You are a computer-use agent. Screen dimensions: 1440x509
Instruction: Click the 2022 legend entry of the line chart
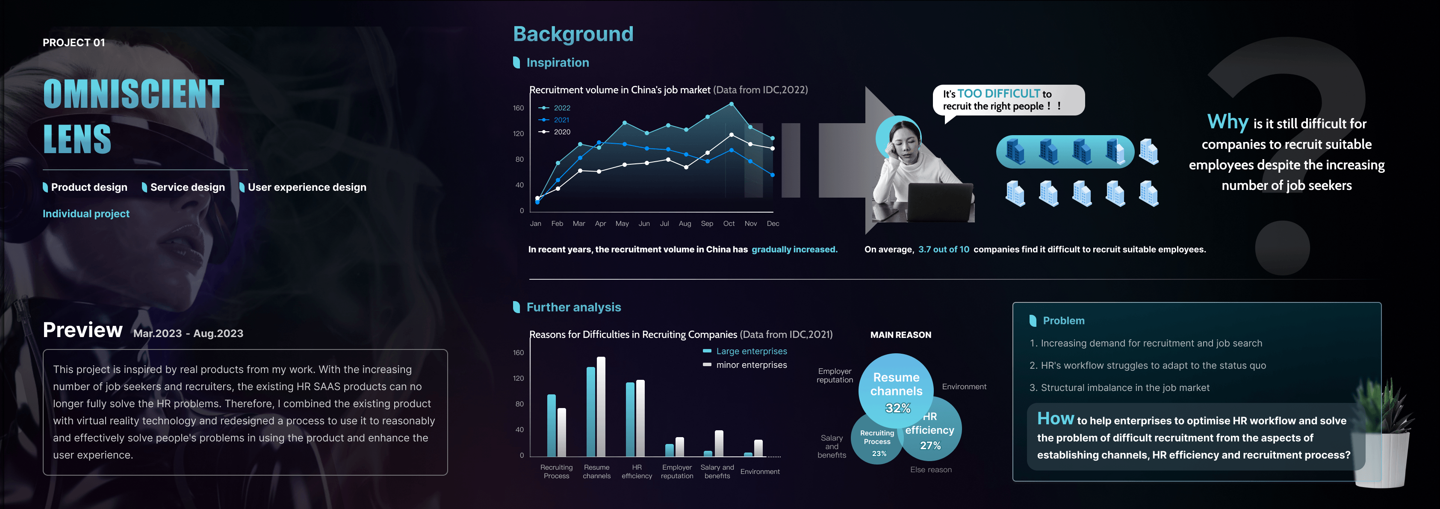554,108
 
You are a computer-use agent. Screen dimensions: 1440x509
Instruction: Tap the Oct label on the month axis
729,224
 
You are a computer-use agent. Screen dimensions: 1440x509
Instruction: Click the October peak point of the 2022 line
731,104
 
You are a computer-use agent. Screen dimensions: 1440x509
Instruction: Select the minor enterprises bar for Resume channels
601,407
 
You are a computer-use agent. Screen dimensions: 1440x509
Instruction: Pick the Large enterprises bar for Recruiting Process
551,426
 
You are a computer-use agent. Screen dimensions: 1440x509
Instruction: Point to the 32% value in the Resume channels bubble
898,408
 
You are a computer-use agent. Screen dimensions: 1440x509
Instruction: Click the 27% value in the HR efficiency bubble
930,446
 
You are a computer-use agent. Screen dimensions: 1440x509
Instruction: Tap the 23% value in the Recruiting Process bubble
879,454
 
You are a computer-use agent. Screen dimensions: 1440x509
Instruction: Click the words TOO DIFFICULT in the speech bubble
998,93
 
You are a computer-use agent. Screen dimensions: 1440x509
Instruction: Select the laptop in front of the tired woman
940,202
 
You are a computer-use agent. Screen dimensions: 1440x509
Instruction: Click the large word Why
1228,122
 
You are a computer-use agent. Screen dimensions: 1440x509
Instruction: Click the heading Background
573,34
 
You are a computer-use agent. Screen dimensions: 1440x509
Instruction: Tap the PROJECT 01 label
74,42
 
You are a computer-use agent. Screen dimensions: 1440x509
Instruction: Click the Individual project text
86,214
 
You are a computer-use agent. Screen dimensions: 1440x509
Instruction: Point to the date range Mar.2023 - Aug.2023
189,333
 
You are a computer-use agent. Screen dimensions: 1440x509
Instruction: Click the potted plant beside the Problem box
1385,433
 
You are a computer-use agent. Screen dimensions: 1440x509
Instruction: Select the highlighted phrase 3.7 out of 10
944,249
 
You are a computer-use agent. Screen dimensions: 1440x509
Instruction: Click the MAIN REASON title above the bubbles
900,335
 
